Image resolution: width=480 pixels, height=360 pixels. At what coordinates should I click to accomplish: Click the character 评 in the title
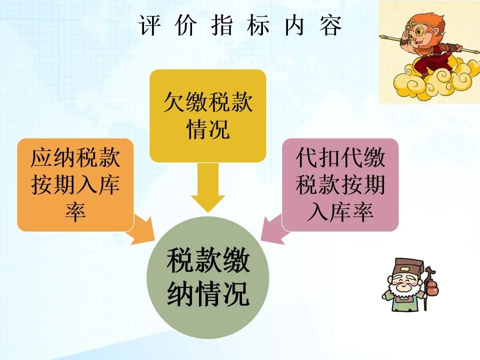[x=149, y=25]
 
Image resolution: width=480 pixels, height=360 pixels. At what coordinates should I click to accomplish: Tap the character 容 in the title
[x=330, y=25]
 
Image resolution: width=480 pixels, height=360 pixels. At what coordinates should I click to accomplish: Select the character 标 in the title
[x=258, y=25]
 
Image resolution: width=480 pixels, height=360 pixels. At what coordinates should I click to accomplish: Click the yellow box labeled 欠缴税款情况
[x=207, y=115]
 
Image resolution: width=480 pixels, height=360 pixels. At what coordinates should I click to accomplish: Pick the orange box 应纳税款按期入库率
[x=75, y=184]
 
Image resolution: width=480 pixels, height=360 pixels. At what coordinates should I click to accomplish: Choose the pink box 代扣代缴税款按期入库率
[x=340, y=184]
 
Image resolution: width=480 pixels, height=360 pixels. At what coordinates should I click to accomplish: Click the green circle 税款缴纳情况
[x=208, y=277]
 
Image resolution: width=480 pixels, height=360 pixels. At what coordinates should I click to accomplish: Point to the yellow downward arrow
[x=208, y=187]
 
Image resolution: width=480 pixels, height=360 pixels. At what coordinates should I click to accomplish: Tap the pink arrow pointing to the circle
[x=275, y=229]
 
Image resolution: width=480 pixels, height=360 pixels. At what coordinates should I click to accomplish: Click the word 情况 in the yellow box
[x=208, y=129]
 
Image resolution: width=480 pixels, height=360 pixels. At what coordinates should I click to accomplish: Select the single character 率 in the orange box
[x=75, y=211]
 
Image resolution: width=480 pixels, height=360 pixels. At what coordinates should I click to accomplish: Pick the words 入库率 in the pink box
[x=340, y=211]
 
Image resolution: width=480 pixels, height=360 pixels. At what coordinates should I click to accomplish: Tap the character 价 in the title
[x=186, y=25]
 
